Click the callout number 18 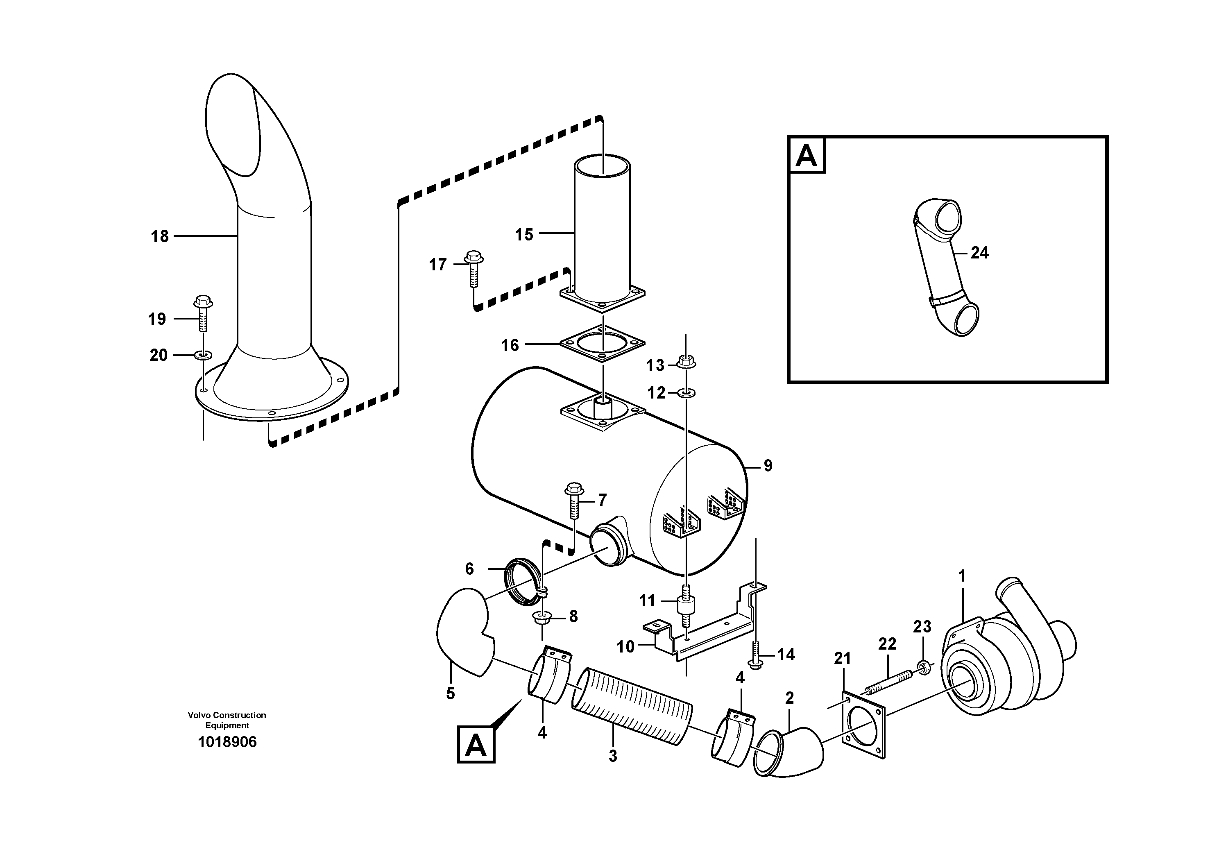[159, 236]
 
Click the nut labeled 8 [542, 617]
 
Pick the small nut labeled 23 [923, 665]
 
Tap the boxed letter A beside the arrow [476, 746]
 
